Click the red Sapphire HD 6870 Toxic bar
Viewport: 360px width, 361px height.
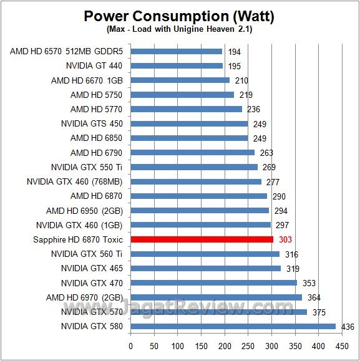click(x=202, y=239)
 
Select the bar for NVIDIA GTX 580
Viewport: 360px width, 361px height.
click(x=233, y=326)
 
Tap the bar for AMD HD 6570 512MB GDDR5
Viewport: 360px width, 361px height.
click(x=176, y=51)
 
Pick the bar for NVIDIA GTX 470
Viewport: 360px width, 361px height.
click(x=213, y=282)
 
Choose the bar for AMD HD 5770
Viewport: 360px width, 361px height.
click(x=186, y=109)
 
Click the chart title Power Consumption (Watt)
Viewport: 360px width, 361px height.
click(x=180, y=16)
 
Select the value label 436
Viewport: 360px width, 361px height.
click(x=346, y=326)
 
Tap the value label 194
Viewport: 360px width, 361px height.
click(x=235, y=51)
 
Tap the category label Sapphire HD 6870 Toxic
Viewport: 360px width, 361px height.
click(x=77, y=239)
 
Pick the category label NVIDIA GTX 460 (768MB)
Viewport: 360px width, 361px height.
click(x=74, y=181)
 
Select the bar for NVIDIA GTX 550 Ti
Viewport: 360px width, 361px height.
click(x=194, y=167)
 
